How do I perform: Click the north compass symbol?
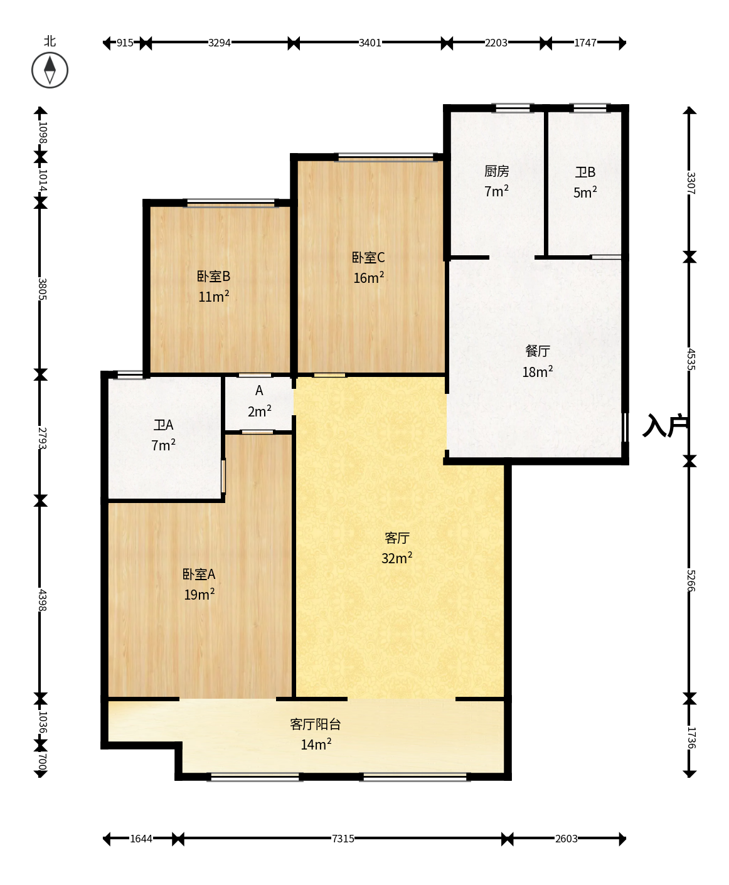pyautogui.click(x=50, y=70)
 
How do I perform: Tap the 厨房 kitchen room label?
pyautogui.click(x=497, y=171)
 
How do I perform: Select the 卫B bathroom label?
pyautogui.click(x=585, y=172)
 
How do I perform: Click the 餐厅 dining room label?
pyautogui.click(x=537, y=351)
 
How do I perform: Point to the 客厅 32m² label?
pyautogui.click(x=397, y=548)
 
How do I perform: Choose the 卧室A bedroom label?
pyautogui.click(x=199, y=575)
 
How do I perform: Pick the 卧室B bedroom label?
pyautogui.click(x=214, y=277)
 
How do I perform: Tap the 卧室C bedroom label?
pyautogui.click(x=368, y=257)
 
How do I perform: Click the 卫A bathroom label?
pyautogui.click(x=163, y=425)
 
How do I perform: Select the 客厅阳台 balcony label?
pyautogui.click(x=316, y=724)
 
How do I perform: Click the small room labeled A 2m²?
pyautogui.click(x=259, y=401)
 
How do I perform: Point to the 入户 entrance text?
pyautogui.click(x=665, y=425)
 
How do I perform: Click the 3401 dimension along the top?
pyautogui.click(x=370, y=43)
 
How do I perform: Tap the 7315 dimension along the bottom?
pyautogui.click(x=343, y=839)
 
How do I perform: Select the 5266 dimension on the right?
pyautogui.click(x=690, y=581)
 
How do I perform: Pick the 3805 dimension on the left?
pyautogui.click(x=42, y=289)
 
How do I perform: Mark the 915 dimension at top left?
pyautogui.click(x=125, y=43)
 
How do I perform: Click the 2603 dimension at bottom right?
pyautogui.click(x=566, y=839)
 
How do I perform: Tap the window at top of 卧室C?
pyautogui.click(x=386, y=157)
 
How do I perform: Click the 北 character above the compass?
pyautogui.click(x=50, y=41)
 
